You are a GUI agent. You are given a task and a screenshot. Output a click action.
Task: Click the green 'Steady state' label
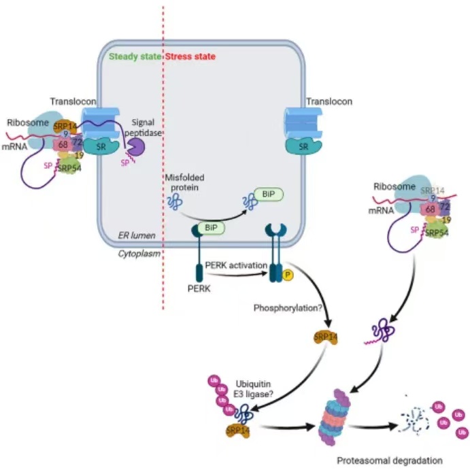(135, 56)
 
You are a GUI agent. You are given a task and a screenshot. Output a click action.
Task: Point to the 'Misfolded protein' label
(184, 183)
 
